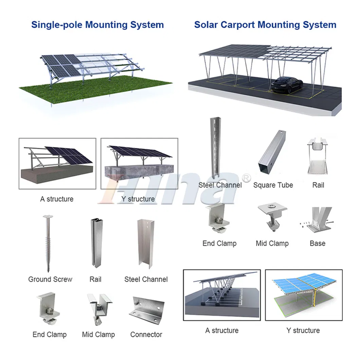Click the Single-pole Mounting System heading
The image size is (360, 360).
pyautogui.click(x=97, y=25)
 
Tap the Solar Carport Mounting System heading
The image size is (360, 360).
pyautogui.click(x=265, y=25)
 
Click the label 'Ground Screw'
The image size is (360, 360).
pyautogui.click(x=50, y=280)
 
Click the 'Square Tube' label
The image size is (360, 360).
pyautogui.click(x=273, y=185)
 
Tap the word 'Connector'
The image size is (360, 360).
pyautogui.click(x=146, y=335)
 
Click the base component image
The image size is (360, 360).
pyautogui.click(x=317, y=220)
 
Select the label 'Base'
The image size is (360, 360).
pyautogui.click(x=317, y=244)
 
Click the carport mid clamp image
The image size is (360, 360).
pyautogui.click(x=271, y=218)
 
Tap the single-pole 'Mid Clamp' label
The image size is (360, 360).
pyautogui.click(x=98, y=335)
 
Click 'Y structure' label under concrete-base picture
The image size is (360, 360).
pyautogui.click(x=138, y=199)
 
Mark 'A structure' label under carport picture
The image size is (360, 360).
pyautogui.click(x=222, y=330)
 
